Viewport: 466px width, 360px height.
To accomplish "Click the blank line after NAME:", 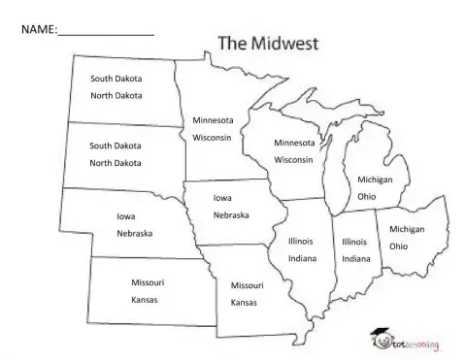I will tap(107, 31).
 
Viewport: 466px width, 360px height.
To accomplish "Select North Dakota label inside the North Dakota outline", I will tap(116, 95).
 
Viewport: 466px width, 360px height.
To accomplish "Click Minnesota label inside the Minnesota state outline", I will tap(213, 120).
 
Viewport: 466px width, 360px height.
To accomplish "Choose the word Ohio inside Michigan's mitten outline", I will tap(366, 197).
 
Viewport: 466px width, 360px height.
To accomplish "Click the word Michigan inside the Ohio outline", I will tap(406, 229).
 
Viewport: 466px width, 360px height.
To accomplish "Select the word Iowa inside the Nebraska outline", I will tap(125, 217).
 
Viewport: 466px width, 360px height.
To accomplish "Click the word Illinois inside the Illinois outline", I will tap(301, 241).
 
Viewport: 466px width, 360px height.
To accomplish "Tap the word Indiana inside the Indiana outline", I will tap(355, 259).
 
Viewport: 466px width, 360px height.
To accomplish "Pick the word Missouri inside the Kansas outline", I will tap(145, 282).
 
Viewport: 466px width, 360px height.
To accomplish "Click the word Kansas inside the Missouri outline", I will tap(244, 304).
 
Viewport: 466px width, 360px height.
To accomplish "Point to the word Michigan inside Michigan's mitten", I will tap(374, 180).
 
